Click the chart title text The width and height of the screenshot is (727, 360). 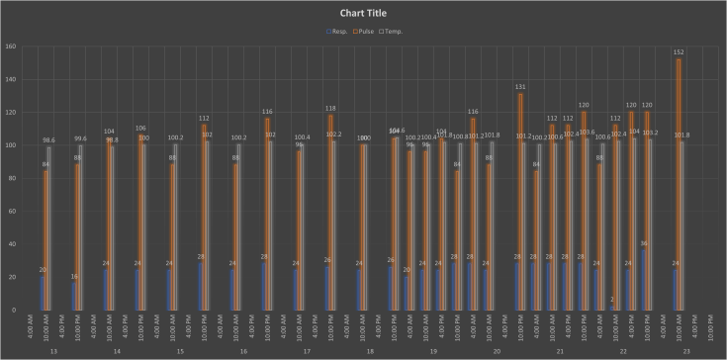[363, 13]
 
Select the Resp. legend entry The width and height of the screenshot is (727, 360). [338, 32]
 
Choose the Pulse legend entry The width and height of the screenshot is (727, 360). [364, 32]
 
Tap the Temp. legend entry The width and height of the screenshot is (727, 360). [392, 32]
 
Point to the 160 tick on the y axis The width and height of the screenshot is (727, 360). [9, 46]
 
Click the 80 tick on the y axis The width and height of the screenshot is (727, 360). [11, 178]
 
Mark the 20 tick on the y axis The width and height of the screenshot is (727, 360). [11, 277]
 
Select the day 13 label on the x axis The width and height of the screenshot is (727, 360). [52, 351]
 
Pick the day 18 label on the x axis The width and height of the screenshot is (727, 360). [369, 351]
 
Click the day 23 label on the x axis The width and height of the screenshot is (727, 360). [685, 351]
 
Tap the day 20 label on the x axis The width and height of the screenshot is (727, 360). [496, 351]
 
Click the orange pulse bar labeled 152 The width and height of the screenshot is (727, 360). [676, 188]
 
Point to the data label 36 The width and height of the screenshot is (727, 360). [644, 243]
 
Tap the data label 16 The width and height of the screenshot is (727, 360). [74, 277]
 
